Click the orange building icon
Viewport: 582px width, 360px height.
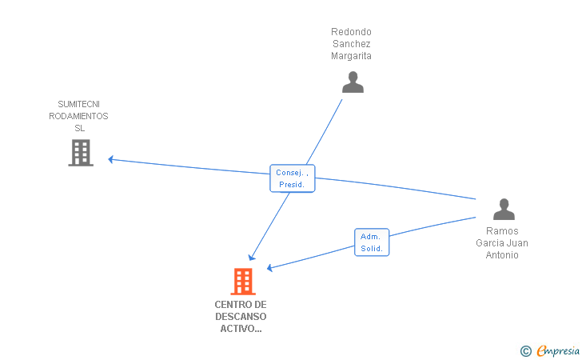pyautogui.click(x=243, y=282)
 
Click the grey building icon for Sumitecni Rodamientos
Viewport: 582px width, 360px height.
pyautogui.click(x=81, y=153)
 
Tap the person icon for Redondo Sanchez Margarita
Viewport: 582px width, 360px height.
pyautogui.click(x=353, y=82)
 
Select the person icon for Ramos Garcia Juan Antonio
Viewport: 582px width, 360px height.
pyautogui.click(x=504, y=209)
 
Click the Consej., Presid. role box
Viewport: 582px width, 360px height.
pyautogui.click(x=293, y=178)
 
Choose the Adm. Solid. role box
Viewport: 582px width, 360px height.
pyautogui.click(x=372, y=242)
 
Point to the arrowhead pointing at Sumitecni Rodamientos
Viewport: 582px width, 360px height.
pyautogui.click(x=110, y=159)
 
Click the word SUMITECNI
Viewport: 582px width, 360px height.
pyautogui.click(x=78, y=104)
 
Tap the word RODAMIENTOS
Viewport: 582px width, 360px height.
pyautogui.click(x=78, y=116)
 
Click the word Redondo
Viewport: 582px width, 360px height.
pyautogui.click(x=351, y=31)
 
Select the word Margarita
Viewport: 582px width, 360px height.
pyautogui.click(x=351, y=56)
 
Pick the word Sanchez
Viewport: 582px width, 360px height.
pyautogui.click(x=352, y=44)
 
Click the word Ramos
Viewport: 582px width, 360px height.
pyautogui.click(x=502, y=230)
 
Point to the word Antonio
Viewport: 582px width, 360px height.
pyautogui.click(x=502, y=255)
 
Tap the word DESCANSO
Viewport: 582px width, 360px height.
pyautogui.click(x=241, y=317)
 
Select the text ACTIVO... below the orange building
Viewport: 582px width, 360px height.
pyautogui.click(x=241, y=329)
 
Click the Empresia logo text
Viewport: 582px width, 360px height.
pyautogui.click(x=558, y=350)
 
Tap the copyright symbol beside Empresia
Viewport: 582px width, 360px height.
pyautogui.click(x=526, y=351)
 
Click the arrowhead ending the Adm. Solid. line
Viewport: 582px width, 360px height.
pyautogui.click(x=270, y=267)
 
